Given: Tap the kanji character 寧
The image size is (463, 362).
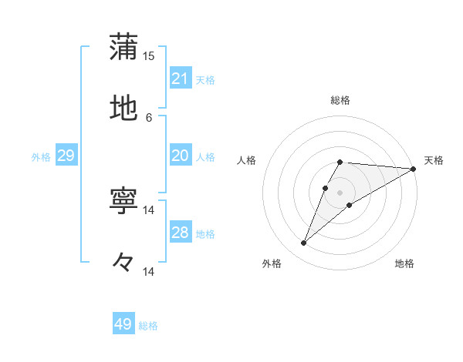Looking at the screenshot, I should click(123, 200).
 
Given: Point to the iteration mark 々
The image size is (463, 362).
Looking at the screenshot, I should click(123, 263).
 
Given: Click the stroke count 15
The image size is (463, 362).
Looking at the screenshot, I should click(149, 55).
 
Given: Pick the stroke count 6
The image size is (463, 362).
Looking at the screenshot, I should click(149, 118).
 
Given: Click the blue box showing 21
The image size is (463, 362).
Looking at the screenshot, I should click(181, 79).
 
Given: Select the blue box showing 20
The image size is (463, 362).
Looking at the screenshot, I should click(181, 156).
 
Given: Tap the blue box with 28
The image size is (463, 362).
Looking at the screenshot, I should click(181, 233).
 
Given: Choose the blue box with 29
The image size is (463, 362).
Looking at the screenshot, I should click(66, 156).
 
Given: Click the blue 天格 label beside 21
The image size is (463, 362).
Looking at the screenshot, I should click(205, 79).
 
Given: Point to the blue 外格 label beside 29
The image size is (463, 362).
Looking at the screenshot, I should click(41, 156).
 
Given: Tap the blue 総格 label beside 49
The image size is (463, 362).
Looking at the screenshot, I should click(148, 326).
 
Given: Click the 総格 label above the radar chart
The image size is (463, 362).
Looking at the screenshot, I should click(340, 100).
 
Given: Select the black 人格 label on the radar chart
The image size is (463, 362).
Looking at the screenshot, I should click(247, 160).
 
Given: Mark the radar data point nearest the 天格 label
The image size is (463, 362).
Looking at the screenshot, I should click(413, 169).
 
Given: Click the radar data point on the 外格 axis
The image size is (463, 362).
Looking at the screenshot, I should click(303, 243).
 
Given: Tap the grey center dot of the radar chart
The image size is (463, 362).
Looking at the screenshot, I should click(340, 193).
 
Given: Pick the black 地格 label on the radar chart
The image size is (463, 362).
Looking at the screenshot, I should click(404, 264).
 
